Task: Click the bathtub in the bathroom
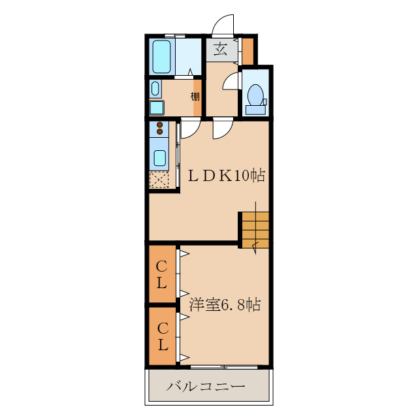pos(161,57)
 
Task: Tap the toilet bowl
pos(255,95)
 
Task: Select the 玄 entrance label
pos(221,50)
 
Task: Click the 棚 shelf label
pos(195,96)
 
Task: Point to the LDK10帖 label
pos(227,176)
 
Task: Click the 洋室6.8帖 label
pos(225,304)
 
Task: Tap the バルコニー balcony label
pos(206,387)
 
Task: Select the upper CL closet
pos(162,274)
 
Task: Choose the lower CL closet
pos(162,336)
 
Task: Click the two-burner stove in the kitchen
pos(159,128)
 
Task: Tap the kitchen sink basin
pos(160,158)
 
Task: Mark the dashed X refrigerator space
pos(159,180)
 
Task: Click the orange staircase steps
pos(255,230)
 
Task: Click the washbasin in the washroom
pos(155,89)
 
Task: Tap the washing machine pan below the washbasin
pos(157,108)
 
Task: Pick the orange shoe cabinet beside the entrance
pos(248,52)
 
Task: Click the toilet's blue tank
pos(255,110)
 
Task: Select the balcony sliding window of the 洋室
pos(224,367)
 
